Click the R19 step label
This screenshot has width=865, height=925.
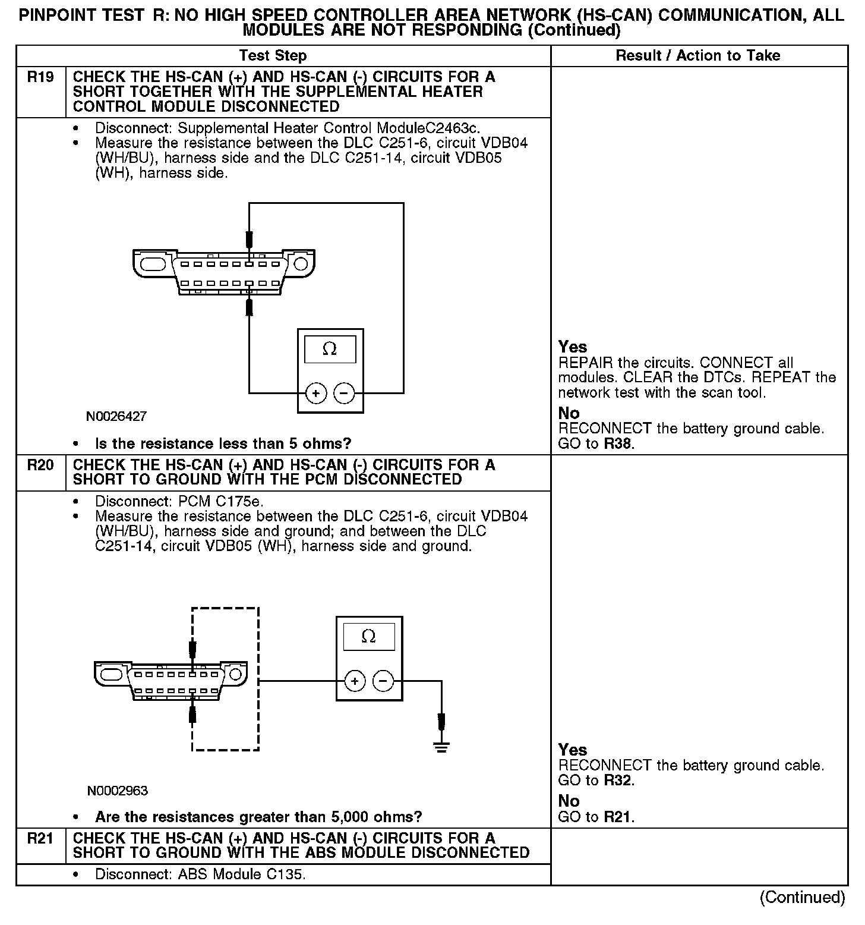(x=40, y=77)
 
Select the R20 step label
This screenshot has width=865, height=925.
(x=40, y=465)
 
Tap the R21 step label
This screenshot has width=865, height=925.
(x=40, y=838)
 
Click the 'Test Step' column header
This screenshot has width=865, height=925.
(x=273, y=56)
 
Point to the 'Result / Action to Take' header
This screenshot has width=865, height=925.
(x=698, y=56)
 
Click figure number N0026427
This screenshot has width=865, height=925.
(x=116, y=416)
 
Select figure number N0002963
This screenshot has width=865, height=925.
(x=118, y=791)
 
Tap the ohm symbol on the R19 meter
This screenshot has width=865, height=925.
(x=330, y=350)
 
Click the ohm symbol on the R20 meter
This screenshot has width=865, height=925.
(x=368, y=637)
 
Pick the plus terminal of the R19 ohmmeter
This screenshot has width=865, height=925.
(x=316, y=393)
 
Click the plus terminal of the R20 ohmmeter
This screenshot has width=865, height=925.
(x=355, y=681)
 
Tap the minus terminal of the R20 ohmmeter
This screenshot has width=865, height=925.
(x=383, y=681)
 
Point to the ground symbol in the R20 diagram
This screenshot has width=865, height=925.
(x=441, y=747)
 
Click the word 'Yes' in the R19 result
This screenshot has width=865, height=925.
(x=573, y=347)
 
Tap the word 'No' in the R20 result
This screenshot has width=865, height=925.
(x=569, y=801)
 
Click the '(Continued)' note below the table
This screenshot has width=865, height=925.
(x=802, y=897)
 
